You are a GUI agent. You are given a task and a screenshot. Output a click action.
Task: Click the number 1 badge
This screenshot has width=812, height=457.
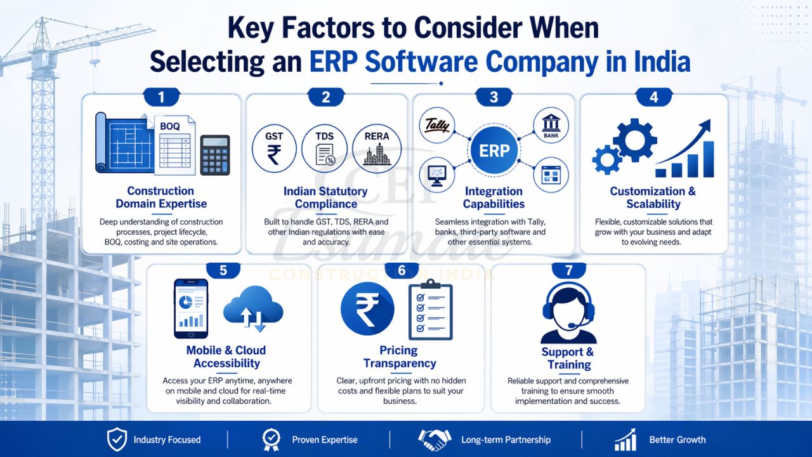[161, 97]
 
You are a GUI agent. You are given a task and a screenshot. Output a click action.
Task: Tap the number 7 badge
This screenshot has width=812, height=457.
[568, 270]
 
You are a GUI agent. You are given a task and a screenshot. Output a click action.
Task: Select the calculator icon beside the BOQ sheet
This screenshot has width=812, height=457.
[215, 155]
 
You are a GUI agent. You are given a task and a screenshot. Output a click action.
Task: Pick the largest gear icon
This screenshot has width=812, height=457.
[635, 140]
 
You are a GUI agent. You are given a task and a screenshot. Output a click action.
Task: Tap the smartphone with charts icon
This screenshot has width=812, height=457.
[191, 308]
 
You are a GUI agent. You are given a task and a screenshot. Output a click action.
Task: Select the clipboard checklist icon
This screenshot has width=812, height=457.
[430, 309]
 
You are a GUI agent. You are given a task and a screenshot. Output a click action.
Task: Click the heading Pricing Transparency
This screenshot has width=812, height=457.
[400, 357]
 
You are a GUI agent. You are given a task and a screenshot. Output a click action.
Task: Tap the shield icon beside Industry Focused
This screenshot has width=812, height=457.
[117, 439]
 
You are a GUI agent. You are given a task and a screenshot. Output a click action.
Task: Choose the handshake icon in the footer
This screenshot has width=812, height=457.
[434, 439]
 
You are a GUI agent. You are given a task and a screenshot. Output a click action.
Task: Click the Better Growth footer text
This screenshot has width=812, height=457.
[677, 439]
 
